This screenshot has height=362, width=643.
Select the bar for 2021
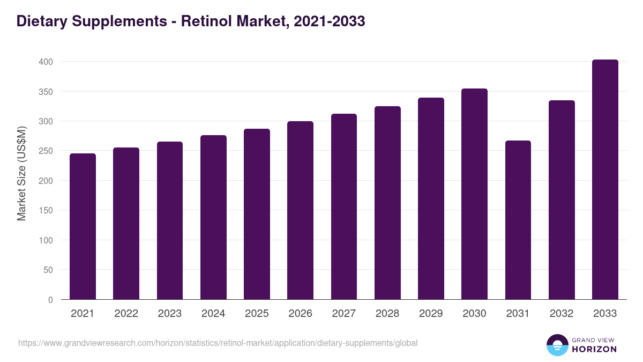[83, 226]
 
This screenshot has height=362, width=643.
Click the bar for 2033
[605, 180]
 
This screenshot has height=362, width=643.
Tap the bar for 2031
[518, 220]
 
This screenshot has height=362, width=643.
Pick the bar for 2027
[344, 206]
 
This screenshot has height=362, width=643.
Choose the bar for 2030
[474, 194]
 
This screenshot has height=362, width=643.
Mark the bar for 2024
[213, 217]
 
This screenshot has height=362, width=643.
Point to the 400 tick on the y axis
[46, 62]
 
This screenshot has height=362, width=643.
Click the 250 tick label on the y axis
[46, 151]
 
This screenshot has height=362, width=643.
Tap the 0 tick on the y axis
[50, 300]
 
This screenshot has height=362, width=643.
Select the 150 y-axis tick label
[46, 211]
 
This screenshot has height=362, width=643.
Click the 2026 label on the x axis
[300, 314]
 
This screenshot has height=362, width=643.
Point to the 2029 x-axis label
[431, 314]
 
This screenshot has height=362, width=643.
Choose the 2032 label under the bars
[562, 314]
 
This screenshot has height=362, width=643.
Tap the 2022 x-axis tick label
[126, 314]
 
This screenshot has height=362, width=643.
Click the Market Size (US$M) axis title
[21, 174]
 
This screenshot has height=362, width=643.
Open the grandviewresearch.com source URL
[218, 343]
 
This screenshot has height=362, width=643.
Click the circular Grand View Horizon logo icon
[557, 345]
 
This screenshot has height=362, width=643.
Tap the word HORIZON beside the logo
[594, 349]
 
